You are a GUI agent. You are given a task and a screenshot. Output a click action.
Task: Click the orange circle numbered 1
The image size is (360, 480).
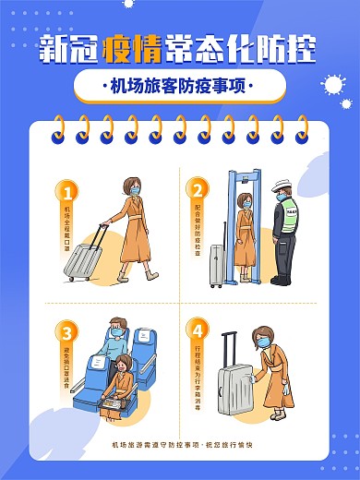pyautogui.click(x=66, y=192)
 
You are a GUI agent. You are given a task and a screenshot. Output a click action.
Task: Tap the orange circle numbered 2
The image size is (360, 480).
pyautogui.click(x=197, y=191)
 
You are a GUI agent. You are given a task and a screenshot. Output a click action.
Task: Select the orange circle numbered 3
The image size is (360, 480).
pyautogui.click(x=66, y=330)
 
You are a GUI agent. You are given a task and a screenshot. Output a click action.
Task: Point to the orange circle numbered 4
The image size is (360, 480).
pyautogui.click(x=197, y=330)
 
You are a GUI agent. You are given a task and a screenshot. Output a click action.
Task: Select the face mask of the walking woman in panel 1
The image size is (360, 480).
pyautogui.click(x=135, y=192)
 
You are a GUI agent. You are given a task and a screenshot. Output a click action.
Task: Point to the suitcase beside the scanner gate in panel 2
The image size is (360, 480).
pyautogui.click(x=216, y=265)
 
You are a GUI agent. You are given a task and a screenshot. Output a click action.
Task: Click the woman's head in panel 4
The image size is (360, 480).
pyautogui.click(x=264, y=341)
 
